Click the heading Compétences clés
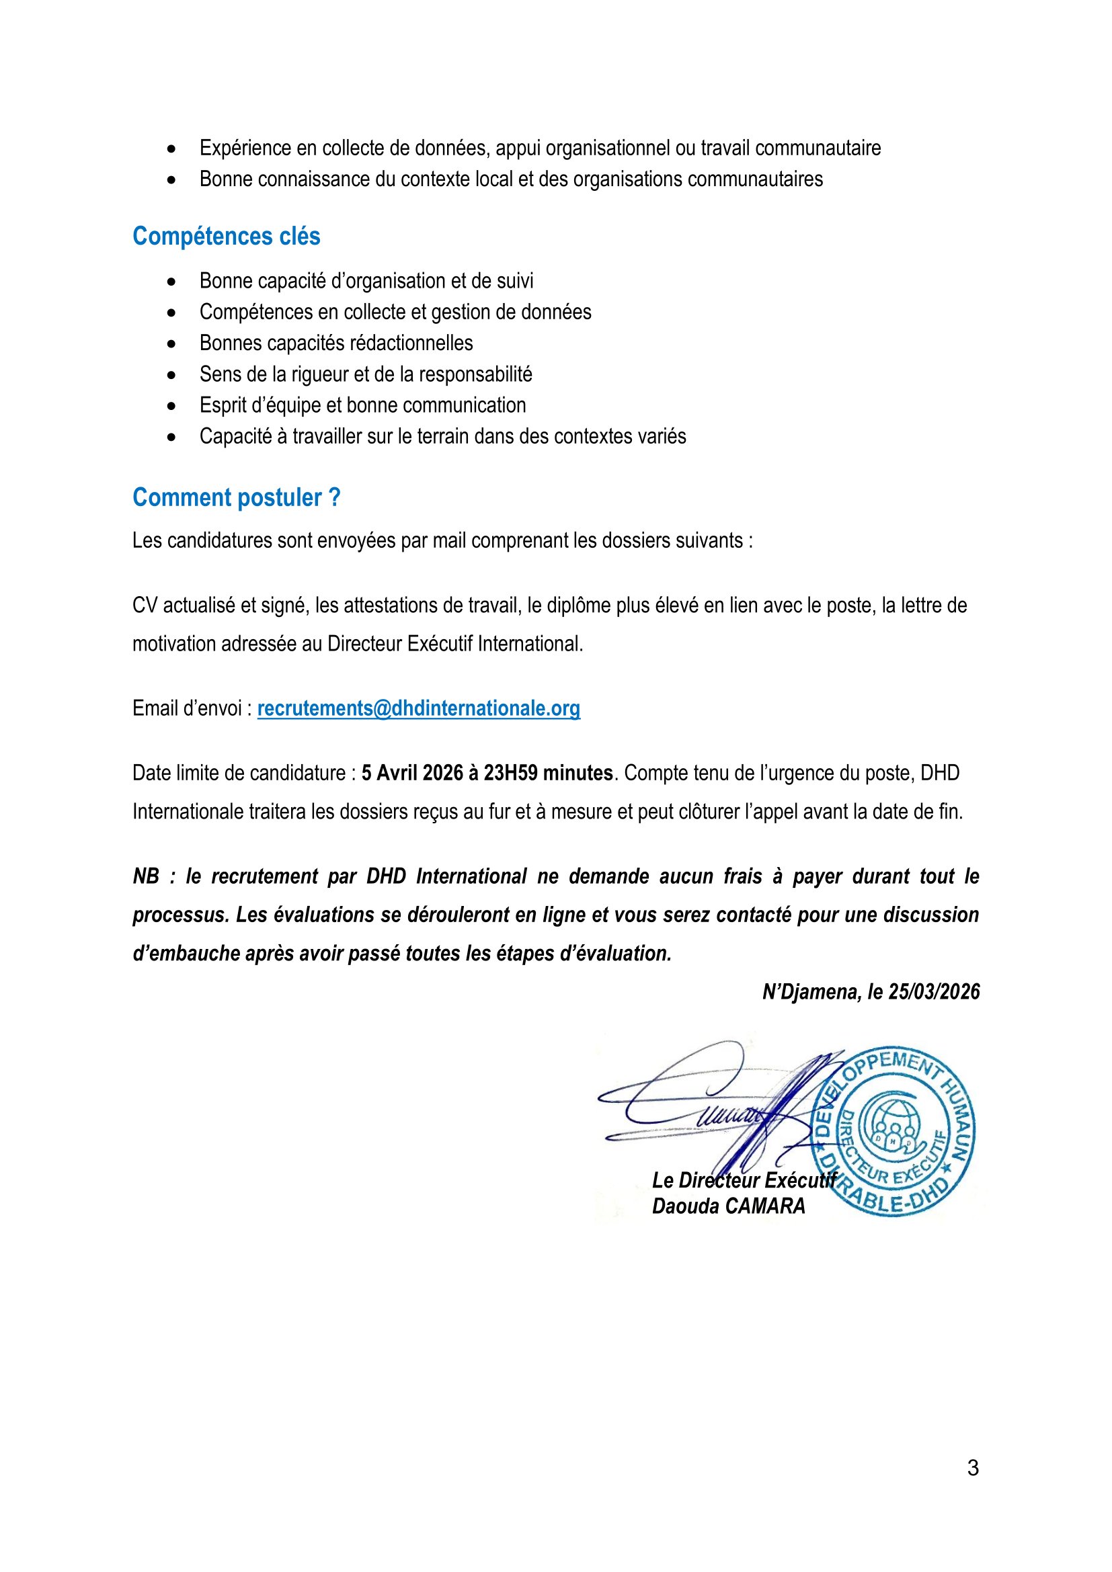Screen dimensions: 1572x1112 point(226,236)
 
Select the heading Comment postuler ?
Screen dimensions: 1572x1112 point(236,498)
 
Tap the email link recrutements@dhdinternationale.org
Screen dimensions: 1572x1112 point(418,708)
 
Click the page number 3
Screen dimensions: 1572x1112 point(972,1468)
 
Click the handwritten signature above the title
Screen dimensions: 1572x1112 point(712,1102)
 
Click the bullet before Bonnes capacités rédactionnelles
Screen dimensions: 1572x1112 point(171,343)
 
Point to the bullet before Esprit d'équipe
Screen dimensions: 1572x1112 point(171,406)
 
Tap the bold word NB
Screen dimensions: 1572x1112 point(146,877)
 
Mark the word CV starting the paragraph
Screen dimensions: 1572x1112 point(145,606)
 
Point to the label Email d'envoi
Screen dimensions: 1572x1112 point(186,708)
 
